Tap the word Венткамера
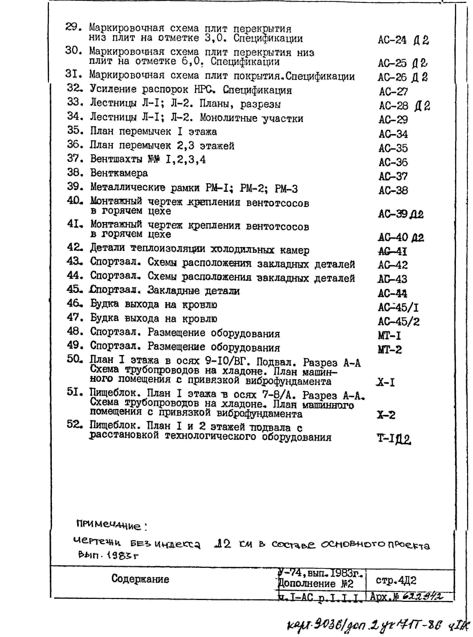tap(119, 173)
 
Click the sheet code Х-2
tap(386, 415)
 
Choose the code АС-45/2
tap(399, 321)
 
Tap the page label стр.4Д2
tap(396, 580)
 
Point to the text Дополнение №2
tap(316, 584)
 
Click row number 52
tap(74, 425)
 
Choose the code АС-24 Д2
tap(403, 40)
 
